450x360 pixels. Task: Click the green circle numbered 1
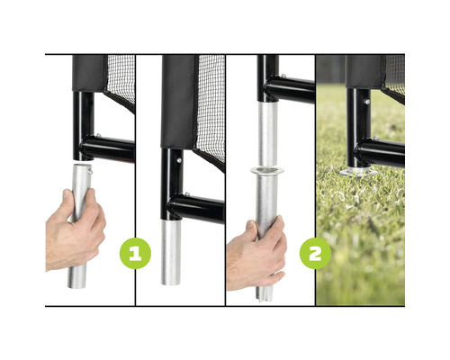[x=135, y=254]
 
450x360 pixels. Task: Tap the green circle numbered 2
[x=315, y=254]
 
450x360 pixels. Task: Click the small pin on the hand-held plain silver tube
[x=90, y=171]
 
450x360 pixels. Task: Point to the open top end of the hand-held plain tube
[x=81, y=166]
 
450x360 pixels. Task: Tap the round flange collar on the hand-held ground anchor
[x=267, y=171]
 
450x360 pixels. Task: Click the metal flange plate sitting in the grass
[x=360, y=172]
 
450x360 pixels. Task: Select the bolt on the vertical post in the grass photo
[x=367, y=102]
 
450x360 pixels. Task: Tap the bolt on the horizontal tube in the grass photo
[x=375, y=139]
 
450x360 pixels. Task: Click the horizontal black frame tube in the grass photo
[x=381, y=153]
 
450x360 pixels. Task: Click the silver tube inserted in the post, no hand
[x=171, y=253]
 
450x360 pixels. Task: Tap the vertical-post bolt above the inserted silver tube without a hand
[x=179, y=160]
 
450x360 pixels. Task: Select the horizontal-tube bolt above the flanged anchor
[x=283, y=76]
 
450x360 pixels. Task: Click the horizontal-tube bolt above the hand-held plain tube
[x=98, y=136]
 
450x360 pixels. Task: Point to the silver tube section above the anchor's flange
[x=266, y=134]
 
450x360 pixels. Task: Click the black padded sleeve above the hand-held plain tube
[x=90, y=73]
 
